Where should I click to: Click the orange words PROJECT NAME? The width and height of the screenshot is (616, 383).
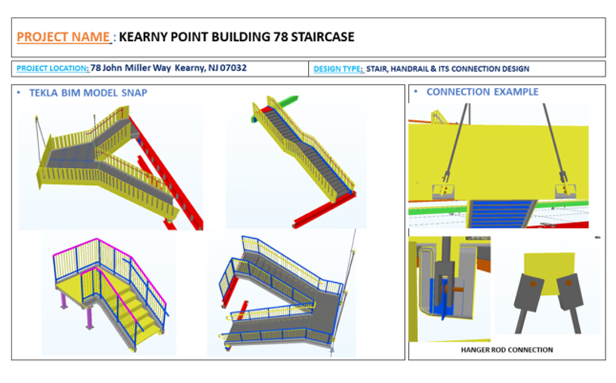click(x=63, y=37)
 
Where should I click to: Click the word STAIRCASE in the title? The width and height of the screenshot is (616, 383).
click(x=323, y=37)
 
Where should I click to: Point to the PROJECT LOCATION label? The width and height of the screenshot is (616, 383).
click(x=52, y=69)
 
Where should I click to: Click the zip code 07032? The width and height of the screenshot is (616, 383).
click(x=233, y=68)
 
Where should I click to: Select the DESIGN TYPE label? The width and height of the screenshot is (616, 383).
click(x=338, y=69)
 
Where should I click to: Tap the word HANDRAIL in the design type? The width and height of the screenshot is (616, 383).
click(x=410, y=69)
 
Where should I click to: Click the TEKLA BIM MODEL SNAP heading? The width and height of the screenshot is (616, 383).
click(x=88, y=92)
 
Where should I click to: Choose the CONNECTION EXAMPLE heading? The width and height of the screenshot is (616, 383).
click(x=483, y=92)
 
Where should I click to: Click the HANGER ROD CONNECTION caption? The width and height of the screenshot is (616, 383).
click(x=507, y=350)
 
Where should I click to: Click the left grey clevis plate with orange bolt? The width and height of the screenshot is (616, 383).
click(x=529, y=291)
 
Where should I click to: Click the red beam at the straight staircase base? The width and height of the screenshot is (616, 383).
click(x=324, y=211)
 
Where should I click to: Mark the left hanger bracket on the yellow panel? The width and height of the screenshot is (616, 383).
click(x=444, y=190)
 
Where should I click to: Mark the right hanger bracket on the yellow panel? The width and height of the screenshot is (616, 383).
click(x=566, y=190)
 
